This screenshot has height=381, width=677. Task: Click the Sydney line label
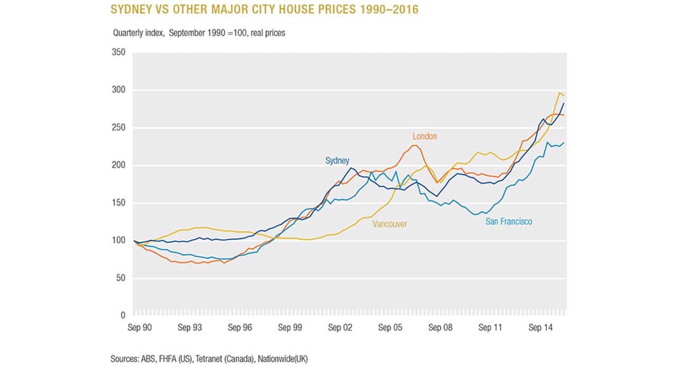[336, 161]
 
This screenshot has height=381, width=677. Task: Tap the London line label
[425, 137]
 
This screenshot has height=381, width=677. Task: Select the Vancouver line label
[390, 224]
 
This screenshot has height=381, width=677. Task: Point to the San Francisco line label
[509, 222]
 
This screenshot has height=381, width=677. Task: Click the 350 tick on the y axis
[118, 53]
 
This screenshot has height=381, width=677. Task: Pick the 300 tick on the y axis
[118, 90]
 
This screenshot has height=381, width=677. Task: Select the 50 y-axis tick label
[120, 278]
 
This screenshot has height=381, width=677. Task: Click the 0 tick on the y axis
[122, 315]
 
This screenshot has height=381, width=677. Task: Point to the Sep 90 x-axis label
[140, 328]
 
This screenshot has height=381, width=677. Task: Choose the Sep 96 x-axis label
[240, 328]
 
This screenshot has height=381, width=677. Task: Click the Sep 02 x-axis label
[340, 328]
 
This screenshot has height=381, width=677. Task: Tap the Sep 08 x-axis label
[440, 328]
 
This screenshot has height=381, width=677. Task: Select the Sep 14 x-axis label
[540, 328]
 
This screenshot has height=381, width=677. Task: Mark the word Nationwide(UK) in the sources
[282, 359]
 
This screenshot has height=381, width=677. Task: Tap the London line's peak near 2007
[415, 145]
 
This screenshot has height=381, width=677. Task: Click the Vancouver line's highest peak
[560, 93]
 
